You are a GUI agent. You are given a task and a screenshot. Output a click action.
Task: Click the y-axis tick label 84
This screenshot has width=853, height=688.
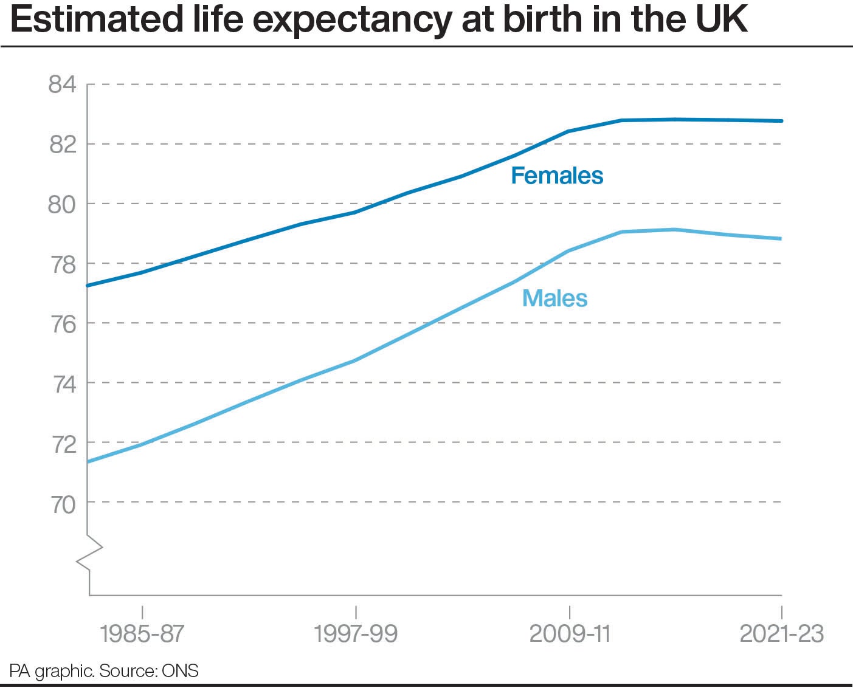point(63,84)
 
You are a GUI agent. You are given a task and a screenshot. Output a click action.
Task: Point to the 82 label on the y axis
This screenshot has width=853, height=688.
point(63,145)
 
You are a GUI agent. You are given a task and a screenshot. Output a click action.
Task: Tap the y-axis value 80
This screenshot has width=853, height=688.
point(62,204)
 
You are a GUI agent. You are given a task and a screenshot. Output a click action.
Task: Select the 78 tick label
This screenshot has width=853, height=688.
point(63,264)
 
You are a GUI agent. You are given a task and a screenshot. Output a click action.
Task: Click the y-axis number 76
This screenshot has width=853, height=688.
point(63,324)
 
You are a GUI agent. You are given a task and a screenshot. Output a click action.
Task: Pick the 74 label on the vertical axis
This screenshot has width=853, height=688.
point(63,384)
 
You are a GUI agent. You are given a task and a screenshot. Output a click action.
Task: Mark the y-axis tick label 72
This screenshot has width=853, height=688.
point(63,444)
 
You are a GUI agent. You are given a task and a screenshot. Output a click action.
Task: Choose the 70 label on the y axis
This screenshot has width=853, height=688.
point(63,503)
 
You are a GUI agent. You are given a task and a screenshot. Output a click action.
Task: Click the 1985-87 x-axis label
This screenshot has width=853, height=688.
point(142,633)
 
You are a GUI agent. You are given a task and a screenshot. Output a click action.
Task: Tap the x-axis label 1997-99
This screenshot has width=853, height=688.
point(356,633)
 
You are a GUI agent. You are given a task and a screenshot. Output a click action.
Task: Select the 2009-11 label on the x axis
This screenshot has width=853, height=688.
point(570,633)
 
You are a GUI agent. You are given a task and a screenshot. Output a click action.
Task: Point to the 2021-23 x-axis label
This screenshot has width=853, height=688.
point(781,633)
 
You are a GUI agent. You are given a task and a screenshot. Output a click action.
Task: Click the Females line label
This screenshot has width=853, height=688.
point(557,176)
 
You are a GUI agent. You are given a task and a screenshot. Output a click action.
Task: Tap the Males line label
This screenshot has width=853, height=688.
point(554,298)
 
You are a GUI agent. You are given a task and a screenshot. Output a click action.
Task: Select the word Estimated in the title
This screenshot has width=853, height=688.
point(97,19)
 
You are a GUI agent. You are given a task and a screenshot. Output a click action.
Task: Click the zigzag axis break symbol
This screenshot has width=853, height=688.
point(89,552)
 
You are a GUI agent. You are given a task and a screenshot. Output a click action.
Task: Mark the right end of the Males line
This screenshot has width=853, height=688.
point(781,239)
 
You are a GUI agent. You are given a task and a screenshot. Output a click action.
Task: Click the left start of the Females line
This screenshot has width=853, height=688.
point(89,285)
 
